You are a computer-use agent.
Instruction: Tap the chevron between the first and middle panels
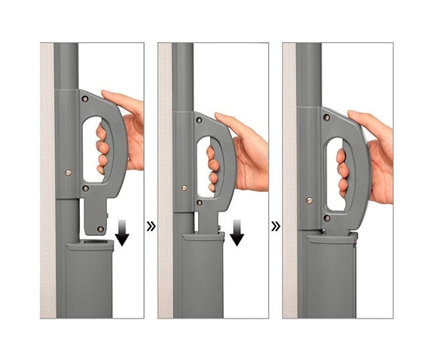click(151, 224)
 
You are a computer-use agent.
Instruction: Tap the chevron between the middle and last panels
click(276, 224)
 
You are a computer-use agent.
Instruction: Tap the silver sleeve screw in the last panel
click(309, 200)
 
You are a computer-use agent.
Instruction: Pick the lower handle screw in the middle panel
click(200, 200)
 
